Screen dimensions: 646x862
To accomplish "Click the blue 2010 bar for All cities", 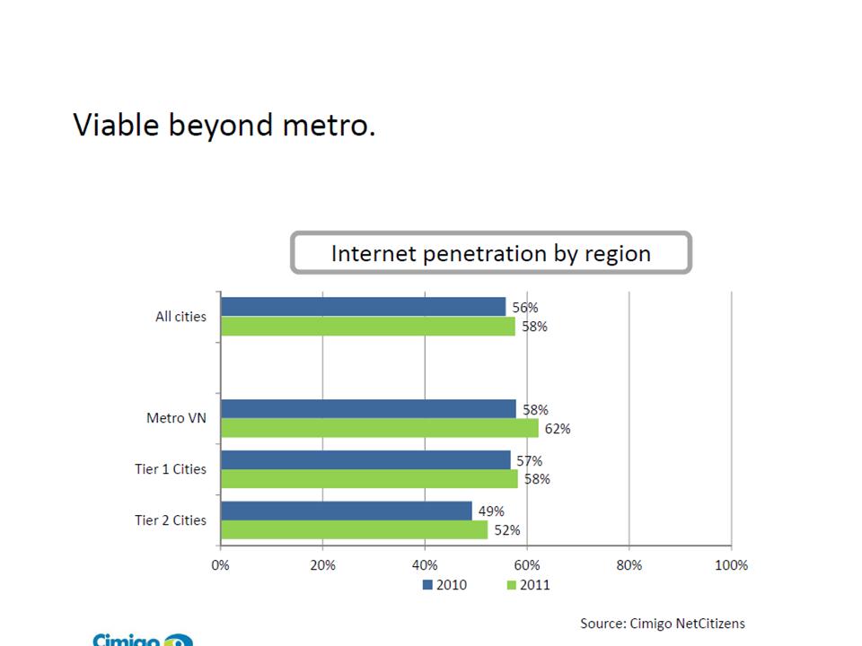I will [363, 307].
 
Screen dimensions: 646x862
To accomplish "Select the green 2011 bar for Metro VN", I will [379, 428].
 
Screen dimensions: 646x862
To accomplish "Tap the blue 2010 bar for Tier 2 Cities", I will [346, 511].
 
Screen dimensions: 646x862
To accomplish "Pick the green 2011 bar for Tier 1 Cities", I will [369, 479].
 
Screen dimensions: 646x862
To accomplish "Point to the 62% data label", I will [557, 429].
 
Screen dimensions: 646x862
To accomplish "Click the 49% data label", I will [491, 511].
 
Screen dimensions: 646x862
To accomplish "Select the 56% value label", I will [525, 307].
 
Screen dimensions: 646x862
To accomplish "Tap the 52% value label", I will [506, 530].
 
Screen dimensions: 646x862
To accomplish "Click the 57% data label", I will [529, 461].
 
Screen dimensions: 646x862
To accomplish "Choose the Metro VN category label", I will [176, 418].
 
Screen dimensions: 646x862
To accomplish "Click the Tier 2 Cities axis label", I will [171, 520].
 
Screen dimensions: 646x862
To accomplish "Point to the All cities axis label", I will [180, 317].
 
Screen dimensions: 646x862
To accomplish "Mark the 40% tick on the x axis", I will [425, 565].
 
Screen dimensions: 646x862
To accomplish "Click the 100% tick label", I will [731, 565].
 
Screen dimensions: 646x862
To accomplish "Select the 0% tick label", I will [220, 565].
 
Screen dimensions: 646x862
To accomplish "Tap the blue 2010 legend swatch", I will [427, 585].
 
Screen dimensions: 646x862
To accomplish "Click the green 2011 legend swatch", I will [512, 585].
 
